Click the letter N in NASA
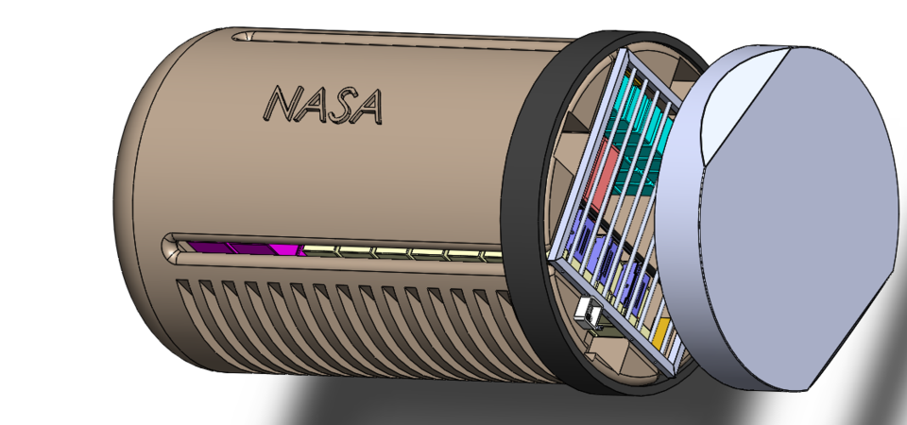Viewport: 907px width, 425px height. (282, 105)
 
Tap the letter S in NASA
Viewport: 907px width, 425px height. (339, 106)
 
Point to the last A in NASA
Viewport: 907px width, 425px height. (368, 108)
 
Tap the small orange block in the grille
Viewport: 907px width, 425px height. (661, 331)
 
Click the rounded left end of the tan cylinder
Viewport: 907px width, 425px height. (128, 189)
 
